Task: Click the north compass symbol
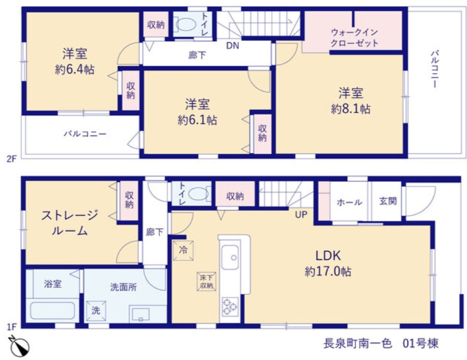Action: pyautogui.click(x=19, y=346)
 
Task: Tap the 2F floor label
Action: pyautogui.click(x=12, y=159)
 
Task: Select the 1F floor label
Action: pyautogui.click(x=12, y=327)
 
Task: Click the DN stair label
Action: pyautogui.click(x=233, y=45)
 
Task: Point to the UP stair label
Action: pyautogui.click(x=301, y=214)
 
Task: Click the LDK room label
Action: pyautogui.click(x=328, y=256)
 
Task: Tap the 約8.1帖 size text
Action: pyautogui.click(x=350, y=109)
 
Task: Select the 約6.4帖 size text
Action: pyautogui.click(x=75, y=69)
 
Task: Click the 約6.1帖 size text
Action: pyautogui.click(x=197, y=120)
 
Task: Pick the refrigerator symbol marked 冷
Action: pyautogui.click(x=183, y=251)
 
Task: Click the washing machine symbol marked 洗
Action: pyautogui.click(x=96, y=311)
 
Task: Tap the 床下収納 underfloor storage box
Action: pyautogui.click(x=206, y=282)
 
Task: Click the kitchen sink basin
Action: pyautogui.click(x=230, y=258)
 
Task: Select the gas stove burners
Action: pyautogui.click(x=230, y=307)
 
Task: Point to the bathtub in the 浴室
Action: pyautogui.click(x=53, y=311)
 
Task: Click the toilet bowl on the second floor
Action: pyautogui.click(x=185, y=24)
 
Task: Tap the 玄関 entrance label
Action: pyautogui.click(x=388, y=201)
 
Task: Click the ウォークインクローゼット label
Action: pyautogui.click(x=354, y=38)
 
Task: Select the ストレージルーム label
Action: pyautogui.click(x=70, y=223)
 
